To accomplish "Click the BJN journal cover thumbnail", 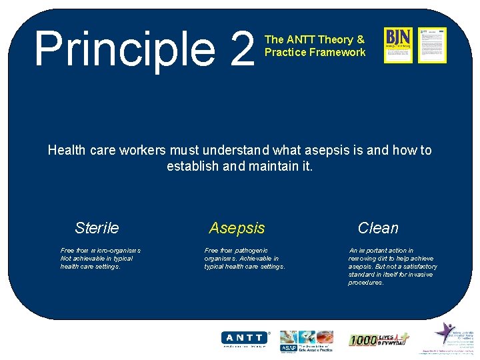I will point(398,45).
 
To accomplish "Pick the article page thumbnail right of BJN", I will point(432,45).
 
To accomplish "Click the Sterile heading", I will point(97,228).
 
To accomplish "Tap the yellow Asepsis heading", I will point(237,228).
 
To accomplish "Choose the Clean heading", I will point(378,228).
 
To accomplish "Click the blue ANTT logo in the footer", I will point(245,339).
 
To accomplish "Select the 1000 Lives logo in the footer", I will point(378,340).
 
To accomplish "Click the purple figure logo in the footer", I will point(445,333).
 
